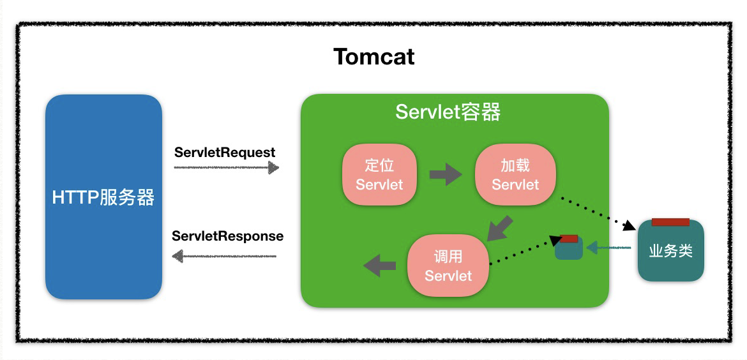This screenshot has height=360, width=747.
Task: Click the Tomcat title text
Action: tap(373, 57)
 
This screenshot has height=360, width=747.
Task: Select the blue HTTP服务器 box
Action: tap(103, 197)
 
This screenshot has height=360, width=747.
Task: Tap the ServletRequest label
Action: tap(225, 153)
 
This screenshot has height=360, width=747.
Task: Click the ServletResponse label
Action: tap(227, 236)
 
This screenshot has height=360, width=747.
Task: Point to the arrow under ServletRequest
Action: tap(227, 168)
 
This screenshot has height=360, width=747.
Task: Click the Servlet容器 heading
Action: tap(448, 112)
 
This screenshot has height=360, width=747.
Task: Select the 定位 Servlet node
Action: tap(379, 175)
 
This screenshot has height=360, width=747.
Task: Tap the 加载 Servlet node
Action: tap(515, 175)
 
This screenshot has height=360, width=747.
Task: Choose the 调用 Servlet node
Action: tap(448, 266)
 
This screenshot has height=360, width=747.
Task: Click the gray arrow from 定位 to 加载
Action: tap(446, 174)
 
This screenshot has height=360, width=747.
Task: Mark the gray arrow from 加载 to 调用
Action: tap(500, 228)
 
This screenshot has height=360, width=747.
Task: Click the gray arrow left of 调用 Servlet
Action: tap(380, 265)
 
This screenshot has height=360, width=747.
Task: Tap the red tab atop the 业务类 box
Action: tap(670, 222)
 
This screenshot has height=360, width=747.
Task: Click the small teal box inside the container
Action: tap(568, 250)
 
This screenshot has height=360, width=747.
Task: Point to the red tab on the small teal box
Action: tap(568, 239)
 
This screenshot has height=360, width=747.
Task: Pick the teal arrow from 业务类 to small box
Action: tap(609, 247)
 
